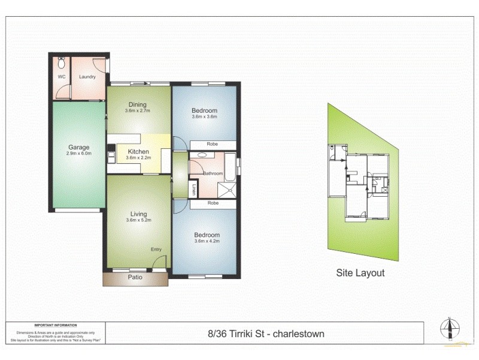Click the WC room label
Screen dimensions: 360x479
(61, 77)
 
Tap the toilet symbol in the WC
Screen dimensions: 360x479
(60, 62)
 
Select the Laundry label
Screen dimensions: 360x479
(87, 77)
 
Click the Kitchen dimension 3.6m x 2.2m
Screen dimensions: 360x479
(138, 158)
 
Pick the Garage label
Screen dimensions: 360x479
(78, 148)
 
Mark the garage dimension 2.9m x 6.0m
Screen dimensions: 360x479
(78, 154)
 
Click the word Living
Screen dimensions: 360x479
(138, 214)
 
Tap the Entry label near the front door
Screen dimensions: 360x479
(156, 250)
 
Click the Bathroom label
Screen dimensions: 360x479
(212, 173)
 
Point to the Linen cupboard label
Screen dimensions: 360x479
(193, 190)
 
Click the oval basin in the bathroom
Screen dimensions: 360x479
(201, 155)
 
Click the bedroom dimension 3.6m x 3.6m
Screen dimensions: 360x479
(204, 117)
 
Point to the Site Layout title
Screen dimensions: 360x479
(359, 273)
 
